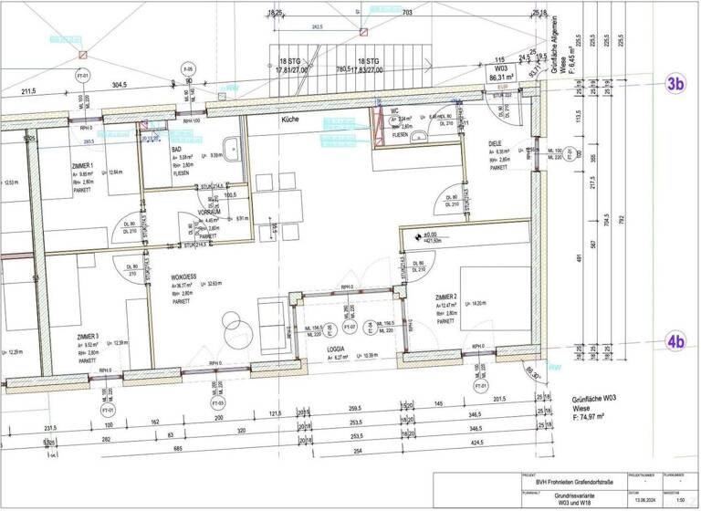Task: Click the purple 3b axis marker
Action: (x=675, y=83)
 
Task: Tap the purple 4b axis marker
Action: (x=675, y=342)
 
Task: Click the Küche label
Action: (x=290, y=120)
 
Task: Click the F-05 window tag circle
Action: (x=189, y=70)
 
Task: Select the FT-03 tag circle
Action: (x=219, y=401)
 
